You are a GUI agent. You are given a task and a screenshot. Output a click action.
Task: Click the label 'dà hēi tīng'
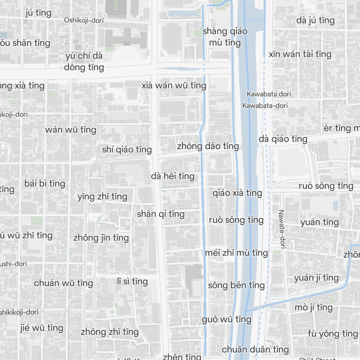pyautogui.click(x=173, y=176)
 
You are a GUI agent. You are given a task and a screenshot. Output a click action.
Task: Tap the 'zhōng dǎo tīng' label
pyautogui.click(x=208, y=146)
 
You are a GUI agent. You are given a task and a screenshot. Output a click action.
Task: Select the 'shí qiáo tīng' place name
pyautogui.click(x=127, y=149)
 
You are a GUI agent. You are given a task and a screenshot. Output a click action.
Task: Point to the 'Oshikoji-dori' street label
pyautogui.click(x=84, y=20)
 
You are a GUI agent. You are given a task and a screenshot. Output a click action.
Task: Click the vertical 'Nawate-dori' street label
pyautogui.click(x=282, y=230)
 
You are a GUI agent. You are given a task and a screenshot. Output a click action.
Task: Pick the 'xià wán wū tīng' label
pyautogui.click(x=174, y=86)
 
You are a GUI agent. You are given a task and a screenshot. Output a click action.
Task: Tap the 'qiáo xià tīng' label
pyautogui.click(x=237, y=193)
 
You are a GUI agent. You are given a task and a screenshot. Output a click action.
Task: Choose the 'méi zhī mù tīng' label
pyautogui.click(x=236, y=253)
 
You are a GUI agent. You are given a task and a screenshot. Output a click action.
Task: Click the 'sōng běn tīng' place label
pyautogui.click(x=236, y=285)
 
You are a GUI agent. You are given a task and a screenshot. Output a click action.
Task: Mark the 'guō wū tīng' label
pyautogui.click(x=226, y=319)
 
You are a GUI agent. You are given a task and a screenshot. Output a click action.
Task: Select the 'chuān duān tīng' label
pyautogui.click(x=255, y=349)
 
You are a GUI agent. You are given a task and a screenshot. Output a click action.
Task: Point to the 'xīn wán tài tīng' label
pyautogui.click(x=300, y=54)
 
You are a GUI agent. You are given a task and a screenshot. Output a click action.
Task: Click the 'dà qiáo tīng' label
pyautogui.click(x=283, y=139)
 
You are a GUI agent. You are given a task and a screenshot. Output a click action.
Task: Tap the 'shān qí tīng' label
pyautogui.click(x=161, y=214)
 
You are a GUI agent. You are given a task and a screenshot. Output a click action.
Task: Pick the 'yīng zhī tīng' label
pyautogui.click(x=102, y=197)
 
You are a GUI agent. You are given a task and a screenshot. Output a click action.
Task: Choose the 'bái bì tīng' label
pyautogui.click(x=45, y=183)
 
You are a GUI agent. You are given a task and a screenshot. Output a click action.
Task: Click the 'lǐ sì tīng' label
pyautogui.click(x=132, y=281)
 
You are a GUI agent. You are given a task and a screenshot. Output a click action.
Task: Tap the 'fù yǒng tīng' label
pyautogui.click(x=328, y=333)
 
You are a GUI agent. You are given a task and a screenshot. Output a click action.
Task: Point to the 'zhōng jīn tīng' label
pyautogui.click(x=101, y=238)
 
